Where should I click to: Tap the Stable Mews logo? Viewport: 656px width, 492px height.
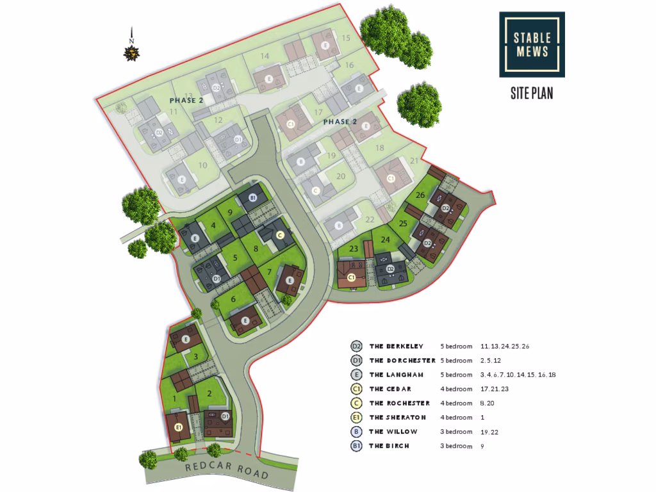click(x=532, y=44)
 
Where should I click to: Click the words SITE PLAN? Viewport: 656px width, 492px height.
click(x=532, y=94)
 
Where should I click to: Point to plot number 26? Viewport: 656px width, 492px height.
click(x=420, y=195)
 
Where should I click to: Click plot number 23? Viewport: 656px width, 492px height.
click(x=353, y=249)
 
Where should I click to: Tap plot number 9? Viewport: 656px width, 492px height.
click(x=229, y=212)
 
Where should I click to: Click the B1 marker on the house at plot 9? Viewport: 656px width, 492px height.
click(x=253, y=199)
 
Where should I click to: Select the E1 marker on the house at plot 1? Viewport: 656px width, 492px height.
click(x=179, y=427)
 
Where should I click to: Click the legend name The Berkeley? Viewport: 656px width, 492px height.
click(x=396, y=347)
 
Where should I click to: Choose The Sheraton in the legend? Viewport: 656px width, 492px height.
click(x=396, y=418)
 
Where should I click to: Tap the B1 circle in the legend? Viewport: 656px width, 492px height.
click(x=357, y=446)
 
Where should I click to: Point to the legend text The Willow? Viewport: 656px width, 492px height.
click(x=393, y=432)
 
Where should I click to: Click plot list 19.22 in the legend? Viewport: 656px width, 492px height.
click(x=489, y=432)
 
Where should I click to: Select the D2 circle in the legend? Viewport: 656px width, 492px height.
click(x=357, y=347)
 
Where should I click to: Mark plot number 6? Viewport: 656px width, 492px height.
click(x=234, y=299)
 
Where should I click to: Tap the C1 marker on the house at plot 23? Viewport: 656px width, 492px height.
click(x=351, y=277)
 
